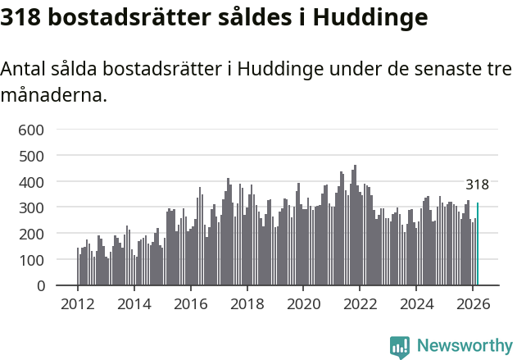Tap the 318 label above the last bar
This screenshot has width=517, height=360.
click(x=477, y=185)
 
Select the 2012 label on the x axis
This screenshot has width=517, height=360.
click(x=78, y=303)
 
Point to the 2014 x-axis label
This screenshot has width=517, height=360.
click(x=134, y=303)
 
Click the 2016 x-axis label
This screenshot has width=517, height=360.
click(x=191, y=303)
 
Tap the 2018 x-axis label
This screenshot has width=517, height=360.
click(x=247, y=303)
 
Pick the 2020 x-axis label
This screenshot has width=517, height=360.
click(x=303, y=303)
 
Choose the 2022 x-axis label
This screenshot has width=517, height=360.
click(x=360, y=303)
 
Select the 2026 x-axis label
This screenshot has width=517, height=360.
click(x=473, y=303)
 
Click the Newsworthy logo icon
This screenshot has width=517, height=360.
click(x=400, y=347)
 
